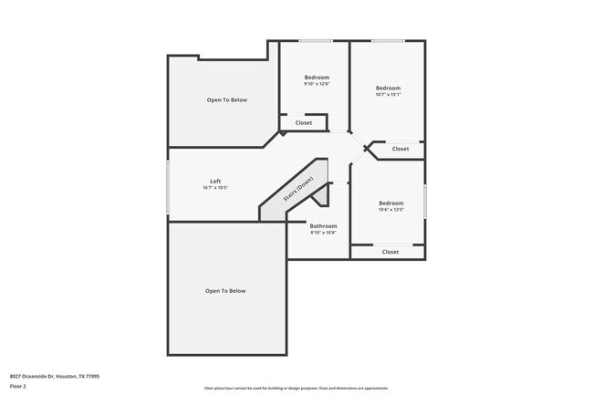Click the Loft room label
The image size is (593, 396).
click(x=215, y=181)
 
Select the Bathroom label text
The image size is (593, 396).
click(x=323, y=225)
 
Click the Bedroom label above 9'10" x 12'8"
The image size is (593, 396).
click(x=317, y=78)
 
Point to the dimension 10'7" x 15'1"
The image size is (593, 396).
click(x=388, y=95)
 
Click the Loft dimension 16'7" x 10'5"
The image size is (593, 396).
click(x=215, y=188)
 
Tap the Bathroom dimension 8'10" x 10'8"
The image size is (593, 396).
click(x=323, y=233)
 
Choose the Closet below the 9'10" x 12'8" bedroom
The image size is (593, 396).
click(x=304, y=122)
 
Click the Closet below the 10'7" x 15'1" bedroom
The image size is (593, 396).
click(x=401, y=149)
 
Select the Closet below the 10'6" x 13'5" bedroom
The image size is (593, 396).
click(x=390, y=252)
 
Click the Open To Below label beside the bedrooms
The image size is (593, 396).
click(x=226, y=99)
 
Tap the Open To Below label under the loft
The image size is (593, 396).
click(x=225, y=291)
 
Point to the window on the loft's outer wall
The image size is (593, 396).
click(x=168, y=188)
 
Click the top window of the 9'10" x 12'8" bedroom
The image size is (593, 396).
click(x=316, y=41)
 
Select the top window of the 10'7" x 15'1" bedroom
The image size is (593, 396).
click(x=388, y=41)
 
